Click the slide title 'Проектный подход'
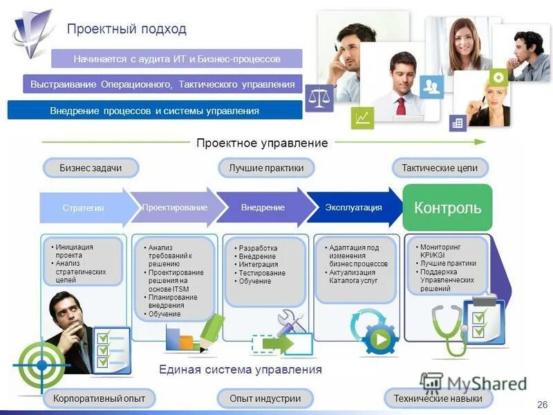coord(126,29)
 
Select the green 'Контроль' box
coord(447,207)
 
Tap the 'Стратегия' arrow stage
coord(84,207)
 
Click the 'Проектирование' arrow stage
coord(176,207)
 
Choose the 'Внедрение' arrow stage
coord(263,207)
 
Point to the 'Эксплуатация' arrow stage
coord(353,207)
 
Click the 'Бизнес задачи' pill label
coord(91,168)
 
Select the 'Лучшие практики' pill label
coord(266,168)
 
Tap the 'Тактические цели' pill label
coord(440,168)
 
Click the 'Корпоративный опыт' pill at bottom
coord(99,398)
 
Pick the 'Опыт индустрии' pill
coord(266,398)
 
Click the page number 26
coord(541,404)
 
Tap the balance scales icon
coord(319,98)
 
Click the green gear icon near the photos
coord(498,77)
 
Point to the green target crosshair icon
coord(41,363)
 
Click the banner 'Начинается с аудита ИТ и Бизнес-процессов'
coord(177,59)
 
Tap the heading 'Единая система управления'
coord(241,369)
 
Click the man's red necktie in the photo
coord(401,106)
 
